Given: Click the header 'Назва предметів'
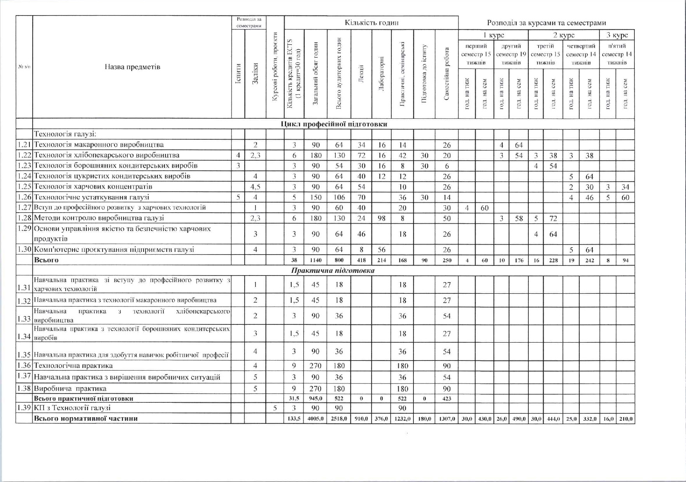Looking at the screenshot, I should click(x=132, y=67).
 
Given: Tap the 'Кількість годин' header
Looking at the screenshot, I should click(x=371, y=23).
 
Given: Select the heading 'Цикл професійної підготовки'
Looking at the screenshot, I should click(x=334, y=124).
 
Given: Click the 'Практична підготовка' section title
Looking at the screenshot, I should click(x=333, y=270).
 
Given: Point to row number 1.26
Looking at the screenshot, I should click(x=24, y=197).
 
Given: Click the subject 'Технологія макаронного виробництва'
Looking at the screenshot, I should click(x=99, y=145).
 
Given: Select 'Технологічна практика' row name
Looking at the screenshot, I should click(x=73, y=366).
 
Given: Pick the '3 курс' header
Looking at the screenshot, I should click(x=617, y=35).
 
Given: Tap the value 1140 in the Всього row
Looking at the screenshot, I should click(x=316, y=260).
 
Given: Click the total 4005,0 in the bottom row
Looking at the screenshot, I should click(x=316, y=419).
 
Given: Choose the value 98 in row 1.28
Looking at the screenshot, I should click(x=381, y=218).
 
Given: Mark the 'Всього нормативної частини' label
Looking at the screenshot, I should click(x=86, y=418).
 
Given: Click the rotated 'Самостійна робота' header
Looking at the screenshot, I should click(x=446, y=74).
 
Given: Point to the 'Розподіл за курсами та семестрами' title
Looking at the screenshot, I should click(x=546, y=23).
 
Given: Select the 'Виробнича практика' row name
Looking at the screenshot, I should click(x=70, y=388).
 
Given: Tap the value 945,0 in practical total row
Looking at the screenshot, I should click(x=316, y=399).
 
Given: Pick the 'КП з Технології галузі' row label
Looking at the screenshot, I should click(x=72, y=408).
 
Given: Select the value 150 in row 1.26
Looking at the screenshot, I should click(x=316, y=197).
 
